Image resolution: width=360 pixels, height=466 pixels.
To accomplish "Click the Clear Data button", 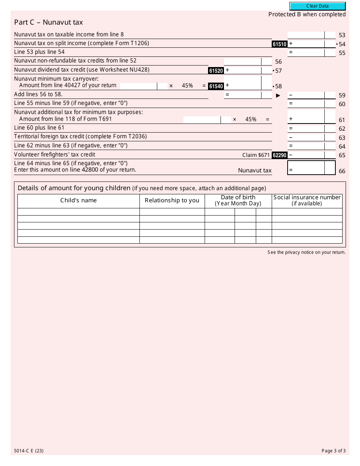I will point(318,6).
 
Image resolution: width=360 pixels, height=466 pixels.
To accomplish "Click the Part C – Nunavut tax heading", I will point(49,22).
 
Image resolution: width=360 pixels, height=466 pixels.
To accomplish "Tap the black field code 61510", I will point(279,44).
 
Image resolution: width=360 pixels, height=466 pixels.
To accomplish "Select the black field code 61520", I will point(216,71).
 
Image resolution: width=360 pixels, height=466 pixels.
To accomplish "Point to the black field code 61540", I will point(216,86).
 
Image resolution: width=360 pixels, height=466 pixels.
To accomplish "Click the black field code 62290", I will point(279,155).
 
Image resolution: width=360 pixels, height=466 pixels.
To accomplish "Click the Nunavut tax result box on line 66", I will point(311,168).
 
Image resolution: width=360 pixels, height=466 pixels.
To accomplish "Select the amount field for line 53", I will point(306,35).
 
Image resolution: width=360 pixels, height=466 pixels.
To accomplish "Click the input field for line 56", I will point(242,61).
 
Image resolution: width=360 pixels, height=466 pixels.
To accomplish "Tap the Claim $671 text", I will point(256,155).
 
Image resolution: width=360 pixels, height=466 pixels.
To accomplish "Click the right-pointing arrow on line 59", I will point(278,95).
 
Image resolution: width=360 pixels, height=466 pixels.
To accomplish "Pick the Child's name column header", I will point(78,200).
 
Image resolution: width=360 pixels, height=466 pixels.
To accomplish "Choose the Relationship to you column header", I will point(172,200).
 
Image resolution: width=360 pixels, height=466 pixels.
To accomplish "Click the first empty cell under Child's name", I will point(78,212).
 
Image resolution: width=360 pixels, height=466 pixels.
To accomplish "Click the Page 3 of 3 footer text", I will point(333,451).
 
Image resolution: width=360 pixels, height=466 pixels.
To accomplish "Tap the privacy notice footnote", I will point(306,252).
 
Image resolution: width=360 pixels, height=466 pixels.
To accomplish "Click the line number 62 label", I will point(342,129).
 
